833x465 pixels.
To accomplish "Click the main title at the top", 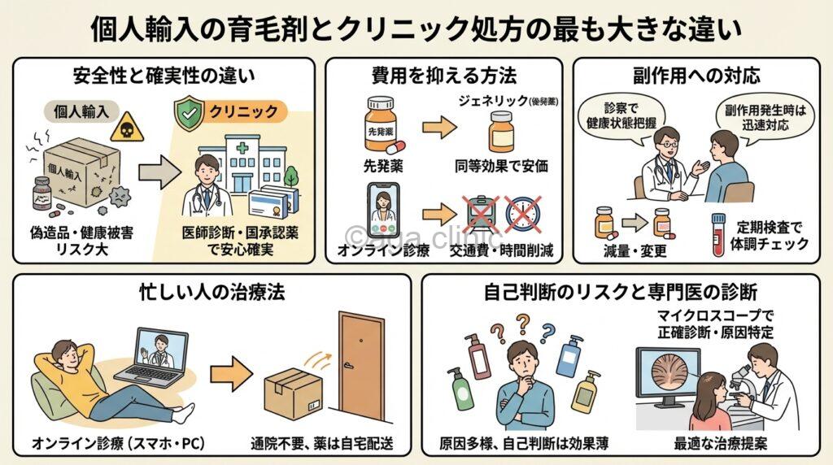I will (x=416, y=28).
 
